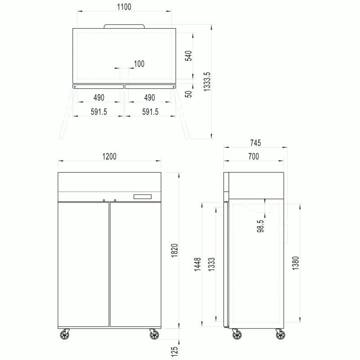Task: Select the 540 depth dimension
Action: coord(189,56)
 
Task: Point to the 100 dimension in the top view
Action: coord(139,64)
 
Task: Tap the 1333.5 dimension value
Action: coord(207,82)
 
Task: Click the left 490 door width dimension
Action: coord(99,98)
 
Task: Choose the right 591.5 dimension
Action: coord(150,112)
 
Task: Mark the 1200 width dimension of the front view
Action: coord(109,157)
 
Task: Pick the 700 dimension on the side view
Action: coord(253,157)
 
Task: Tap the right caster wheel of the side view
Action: coord(280,334)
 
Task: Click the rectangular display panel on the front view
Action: coord(143,197)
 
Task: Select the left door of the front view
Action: coord(84,264)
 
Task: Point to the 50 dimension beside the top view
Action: coord(189,94)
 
